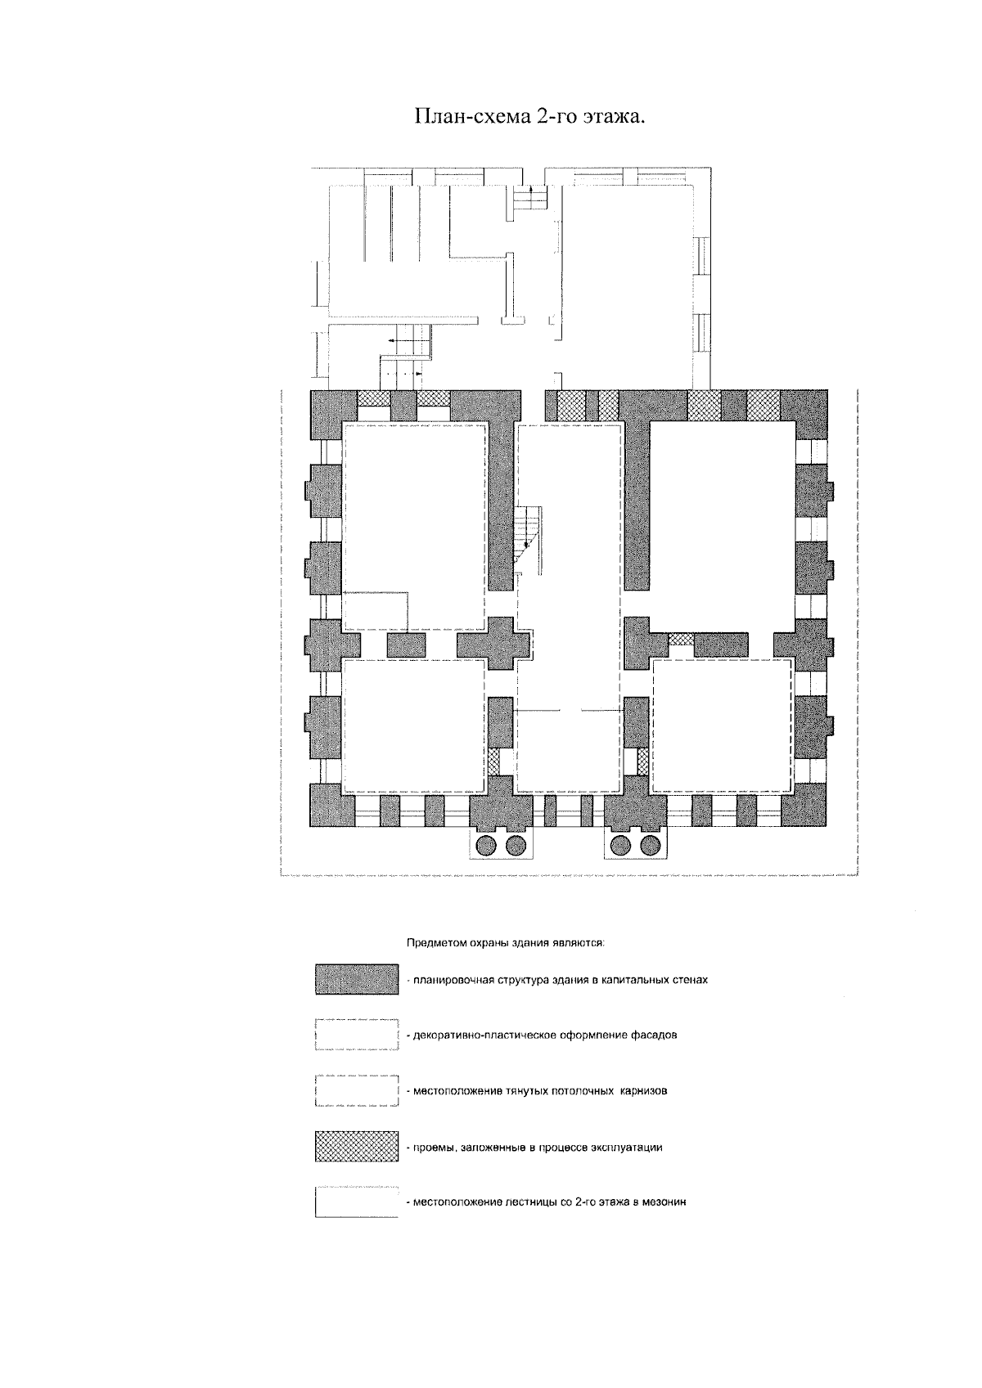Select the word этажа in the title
612,118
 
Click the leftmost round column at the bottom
486,845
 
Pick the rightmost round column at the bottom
651,845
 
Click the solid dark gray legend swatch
357,980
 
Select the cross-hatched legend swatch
357,1147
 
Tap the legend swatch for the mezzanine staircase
357,1202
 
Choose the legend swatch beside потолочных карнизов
357,1090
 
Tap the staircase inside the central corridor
528,534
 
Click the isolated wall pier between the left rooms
406,645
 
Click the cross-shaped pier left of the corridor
494,643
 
